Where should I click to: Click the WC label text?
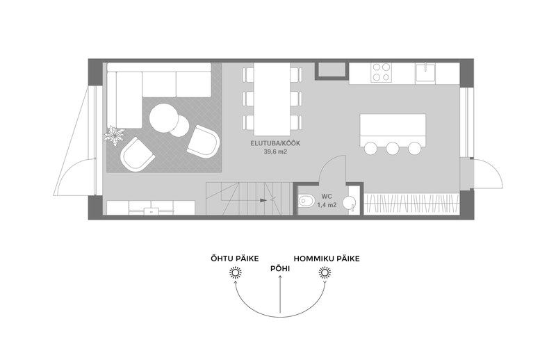[327, 197]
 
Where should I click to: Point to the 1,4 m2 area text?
[327, 205]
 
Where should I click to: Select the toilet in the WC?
[305, 204]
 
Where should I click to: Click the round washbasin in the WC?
[352, 204]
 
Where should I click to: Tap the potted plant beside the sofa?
[113, 133]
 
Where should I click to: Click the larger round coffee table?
[165, 116]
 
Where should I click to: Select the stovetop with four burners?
[381, 72]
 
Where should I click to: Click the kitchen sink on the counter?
[425, 71]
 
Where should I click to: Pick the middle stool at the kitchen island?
[393, 147]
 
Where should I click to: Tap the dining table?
[272, 97]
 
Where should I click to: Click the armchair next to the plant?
[136, 154]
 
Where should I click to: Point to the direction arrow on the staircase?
[263, 200]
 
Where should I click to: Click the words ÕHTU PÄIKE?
[236, 259]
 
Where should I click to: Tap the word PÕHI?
[279, 266]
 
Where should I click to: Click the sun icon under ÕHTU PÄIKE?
[236, 273]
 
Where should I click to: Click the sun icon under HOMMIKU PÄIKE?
[322, 273]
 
